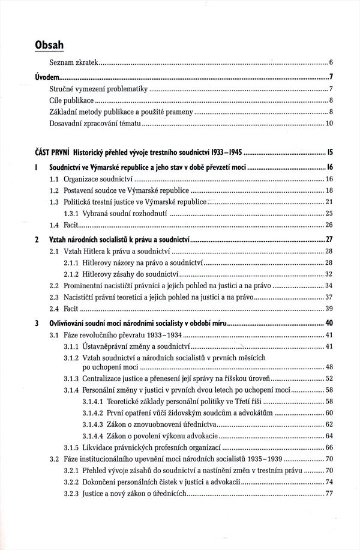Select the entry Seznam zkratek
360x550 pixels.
[x=74, y=62]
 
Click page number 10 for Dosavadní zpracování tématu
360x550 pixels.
[x=329, y=124]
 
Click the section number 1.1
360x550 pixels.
[x=54, y=180]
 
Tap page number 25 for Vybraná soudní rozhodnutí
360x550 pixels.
[x=329, y=214]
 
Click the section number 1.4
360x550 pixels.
[x=54, y=225]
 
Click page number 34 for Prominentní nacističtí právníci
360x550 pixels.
[x=329, y=285]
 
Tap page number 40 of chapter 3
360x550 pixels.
[x=329, y=324]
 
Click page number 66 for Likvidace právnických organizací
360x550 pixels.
[x=329, y=448]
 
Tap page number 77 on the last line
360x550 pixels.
[x=329, y=494]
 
